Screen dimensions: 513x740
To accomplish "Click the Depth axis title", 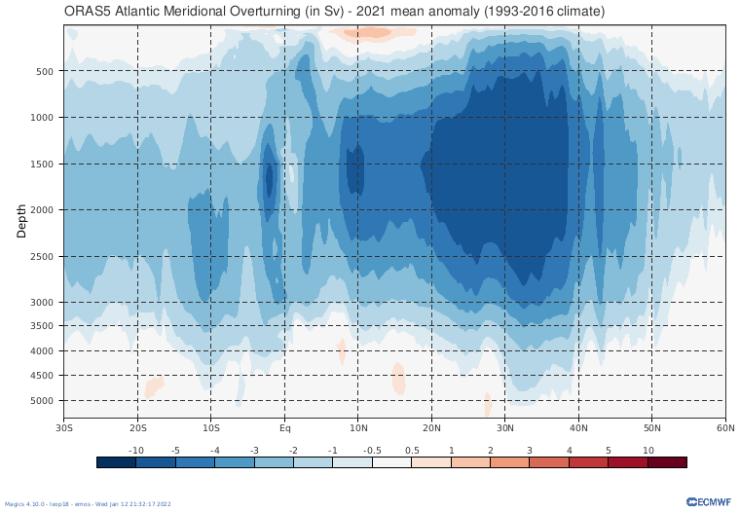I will [x=21, y=222].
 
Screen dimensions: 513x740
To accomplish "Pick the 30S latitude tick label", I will [x=65, y=427].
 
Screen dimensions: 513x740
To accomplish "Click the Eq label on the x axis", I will [x=284, y=427].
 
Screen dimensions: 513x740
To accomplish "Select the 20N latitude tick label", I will [x=431, y=427].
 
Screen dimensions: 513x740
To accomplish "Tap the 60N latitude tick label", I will [x=724, y=427].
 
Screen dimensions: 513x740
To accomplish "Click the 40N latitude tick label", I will [x=578, y=427].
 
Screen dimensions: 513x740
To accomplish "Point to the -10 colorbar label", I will [x=136, y=450].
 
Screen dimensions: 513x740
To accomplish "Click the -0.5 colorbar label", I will [x=372, y=450].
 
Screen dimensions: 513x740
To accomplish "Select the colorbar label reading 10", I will [x=647, y=450].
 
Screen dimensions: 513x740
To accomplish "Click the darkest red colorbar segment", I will [x=667, y=462].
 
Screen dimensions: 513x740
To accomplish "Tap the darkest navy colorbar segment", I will [x=116, y=462].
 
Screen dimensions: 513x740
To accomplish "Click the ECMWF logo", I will [x=708, y=502].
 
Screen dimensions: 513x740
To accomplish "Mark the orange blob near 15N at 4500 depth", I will [x=398, y=378].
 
